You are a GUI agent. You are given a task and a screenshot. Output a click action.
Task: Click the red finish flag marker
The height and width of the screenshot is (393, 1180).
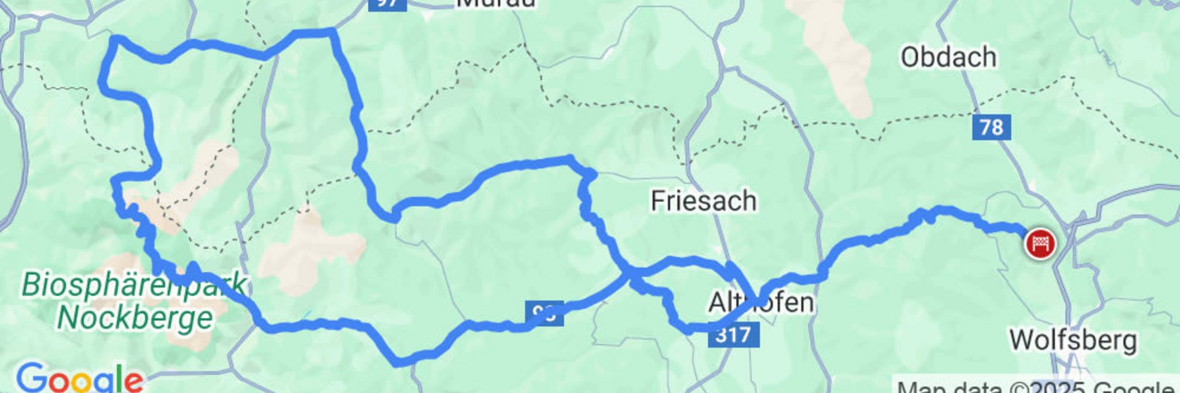pos(1039,244)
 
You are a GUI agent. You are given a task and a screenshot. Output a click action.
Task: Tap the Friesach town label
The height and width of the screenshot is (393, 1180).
pos(703,201)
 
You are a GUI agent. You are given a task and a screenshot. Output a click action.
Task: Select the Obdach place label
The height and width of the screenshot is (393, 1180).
pos(948,57)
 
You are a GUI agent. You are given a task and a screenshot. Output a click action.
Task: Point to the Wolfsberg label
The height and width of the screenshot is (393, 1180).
pos(1072,340)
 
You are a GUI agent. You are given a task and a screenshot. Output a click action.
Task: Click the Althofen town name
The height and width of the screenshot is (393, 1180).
pos(761,302)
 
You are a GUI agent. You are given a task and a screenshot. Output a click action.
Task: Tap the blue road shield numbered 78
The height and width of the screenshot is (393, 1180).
pos(991,127)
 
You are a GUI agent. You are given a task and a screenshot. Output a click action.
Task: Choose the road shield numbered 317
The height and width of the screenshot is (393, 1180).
pos(733,335)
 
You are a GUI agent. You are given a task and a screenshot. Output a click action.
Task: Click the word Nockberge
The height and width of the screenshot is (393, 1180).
pos(135,317)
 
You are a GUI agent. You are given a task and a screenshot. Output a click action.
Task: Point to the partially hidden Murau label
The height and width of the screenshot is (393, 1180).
pos(495,4)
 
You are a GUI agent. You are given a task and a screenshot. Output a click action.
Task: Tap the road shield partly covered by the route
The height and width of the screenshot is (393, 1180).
pos(545,314)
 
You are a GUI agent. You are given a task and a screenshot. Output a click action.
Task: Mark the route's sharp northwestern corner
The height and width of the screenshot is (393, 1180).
pos(115,41)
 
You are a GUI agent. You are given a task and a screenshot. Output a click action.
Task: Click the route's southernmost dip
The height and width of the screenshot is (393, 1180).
pos(399,362)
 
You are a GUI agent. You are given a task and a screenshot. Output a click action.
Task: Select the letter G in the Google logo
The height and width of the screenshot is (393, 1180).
pos(30,378)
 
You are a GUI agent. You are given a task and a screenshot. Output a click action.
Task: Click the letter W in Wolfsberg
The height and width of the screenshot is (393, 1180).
pos(1023,340)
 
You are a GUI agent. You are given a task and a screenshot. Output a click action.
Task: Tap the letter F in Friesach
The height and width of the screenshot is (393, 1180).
pos(657,201)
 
